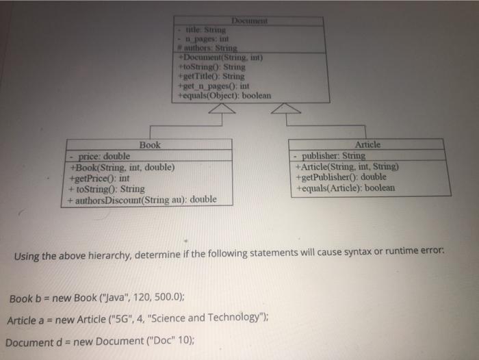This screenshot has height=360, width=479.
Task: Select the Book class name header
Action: tap(150, 145)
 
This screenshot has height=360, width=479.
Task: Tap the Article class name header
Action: tap(368, 145)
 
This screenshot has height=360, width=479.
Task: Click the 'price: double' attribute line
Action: tap(104, 156)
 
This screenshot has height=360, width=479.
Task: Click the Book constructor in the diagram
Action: tap(122, 167)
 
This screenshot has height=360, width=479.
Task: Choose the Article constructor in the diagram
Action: tap(346, 166)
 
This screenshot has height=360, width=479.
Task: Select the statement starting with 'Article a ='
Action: tap(134, 320)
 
